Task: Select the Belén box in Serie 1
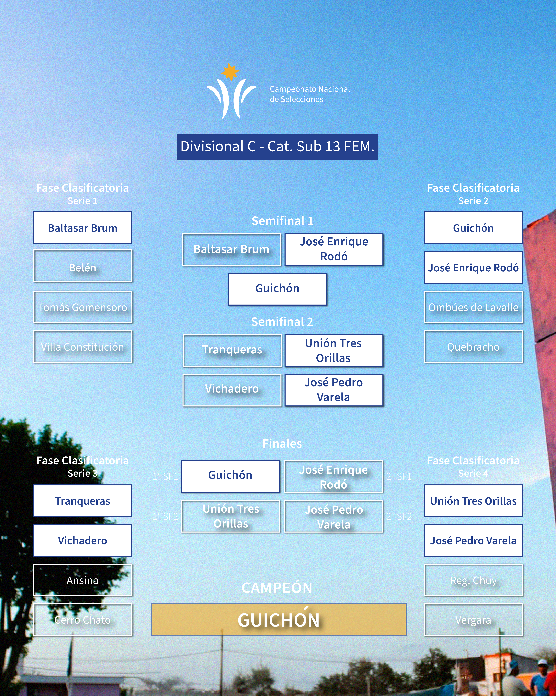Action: pos(83,266)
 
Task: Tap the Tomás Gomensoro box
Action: pos(83,307)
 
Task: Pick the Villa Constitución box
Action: pos(83,347)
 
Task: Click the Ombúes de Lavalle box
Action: pos(473,307)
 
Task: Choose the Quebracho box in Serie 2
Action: pos(473,347)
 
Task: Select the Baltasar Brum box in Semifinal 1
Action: pos(231,250)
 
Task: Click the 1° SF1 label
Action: pos(165,477)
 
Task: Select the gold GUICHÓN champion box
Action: pos(279,620)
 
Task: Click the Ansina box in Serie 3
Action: pos(83,580)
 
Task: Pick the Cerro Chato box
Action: pos(83,620)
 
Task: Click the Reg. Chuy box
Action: pos(473,580)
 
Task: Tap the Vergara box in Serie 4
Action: pos(473,620)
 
